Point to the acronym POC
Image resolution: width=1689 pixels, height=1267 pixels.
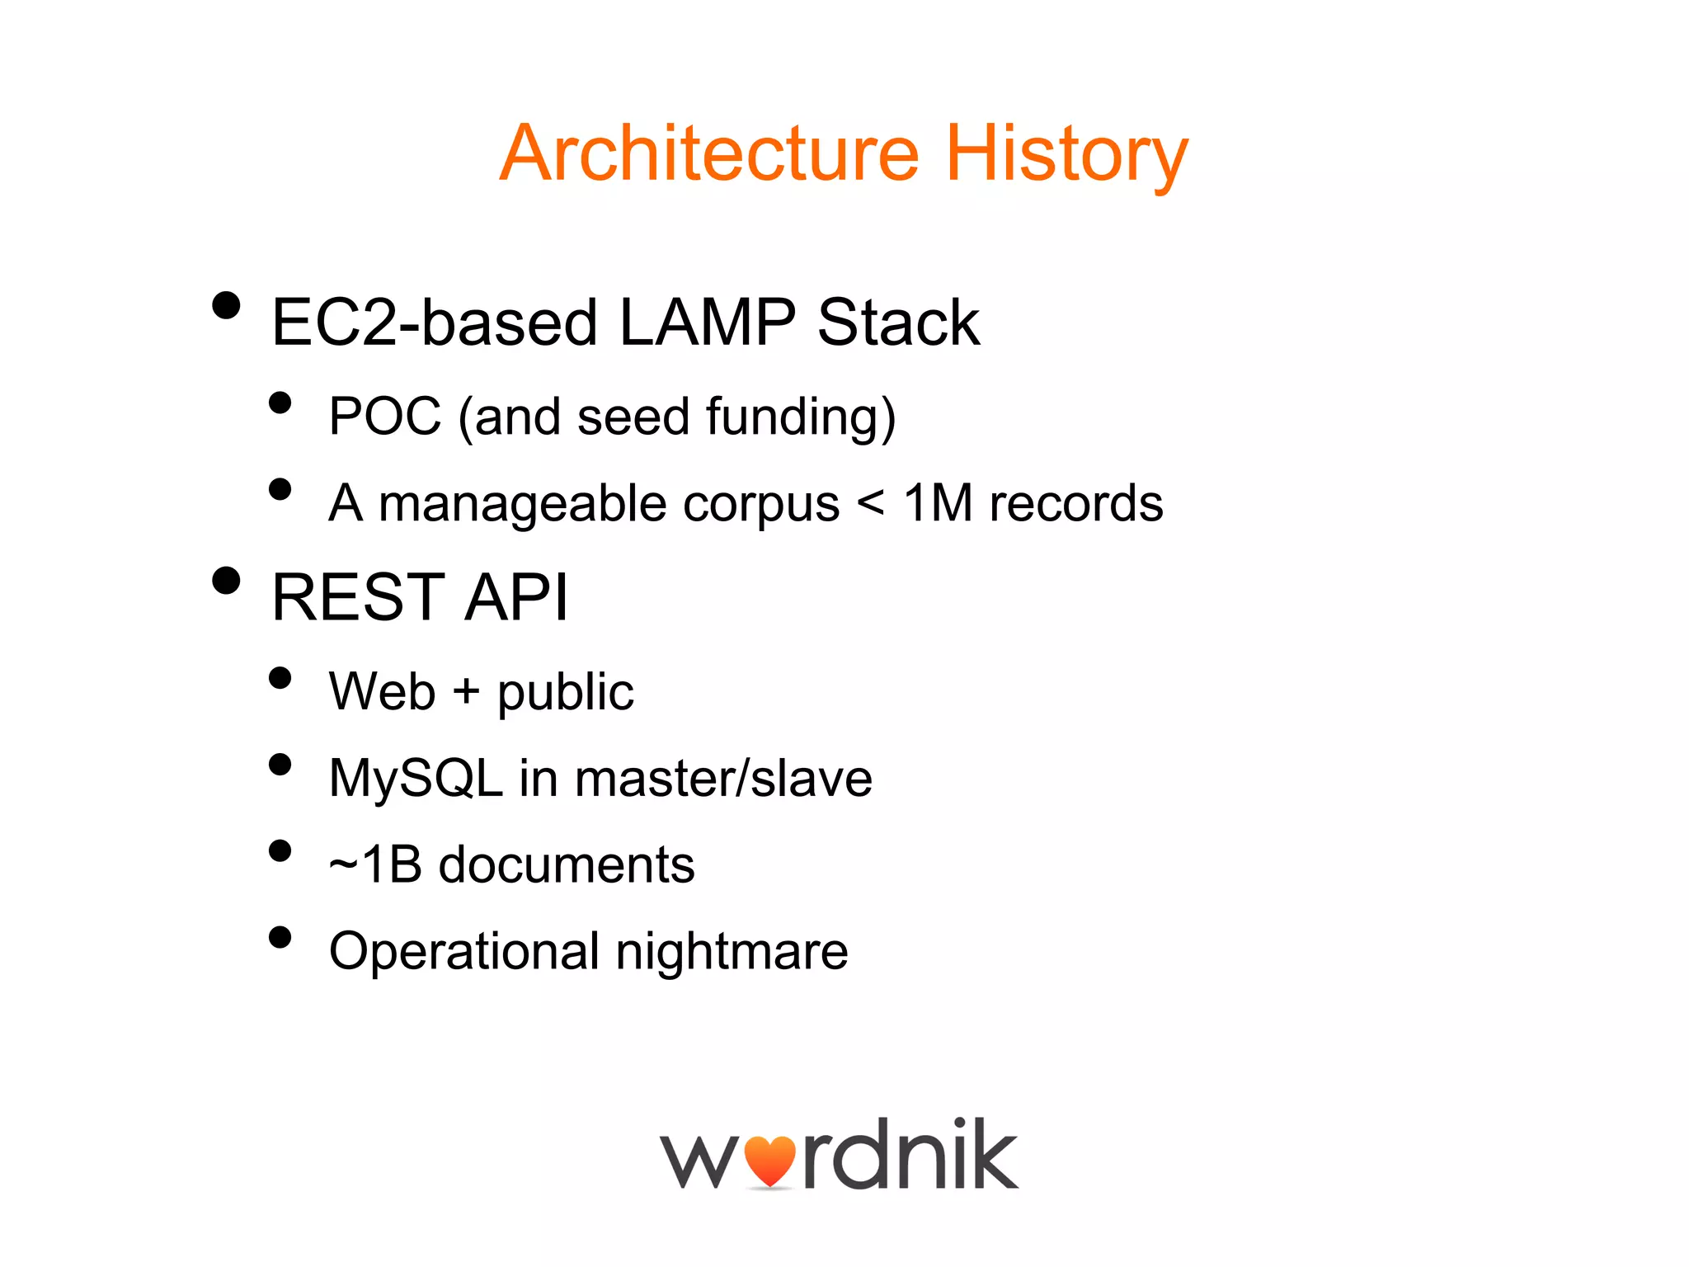[384, 416]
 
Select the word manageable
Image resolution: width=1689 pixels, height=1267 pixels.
[522, 505]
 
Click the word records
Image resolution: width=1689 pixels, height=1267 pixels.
[1075, 503]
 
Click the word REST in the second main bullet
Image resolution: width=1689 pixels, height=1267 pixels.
[358, 597]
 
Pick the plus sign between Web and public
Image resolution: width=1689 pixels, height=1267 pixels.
[466, 690]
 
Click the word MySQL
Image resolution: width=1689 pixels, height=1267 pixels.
[415, 779]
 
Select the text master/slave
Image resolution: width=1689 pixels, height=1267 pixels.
[723, 779]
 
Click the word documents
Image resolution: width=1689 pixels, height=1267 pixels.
[567, 865]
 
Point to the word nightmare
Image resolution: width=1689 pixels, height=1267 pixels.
[732, 952]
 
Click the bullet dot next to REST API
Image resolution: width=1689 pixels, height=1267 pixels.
[226, 580]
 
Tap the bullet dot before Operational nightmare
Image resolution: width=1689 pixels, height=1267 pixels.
[280, 937]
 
